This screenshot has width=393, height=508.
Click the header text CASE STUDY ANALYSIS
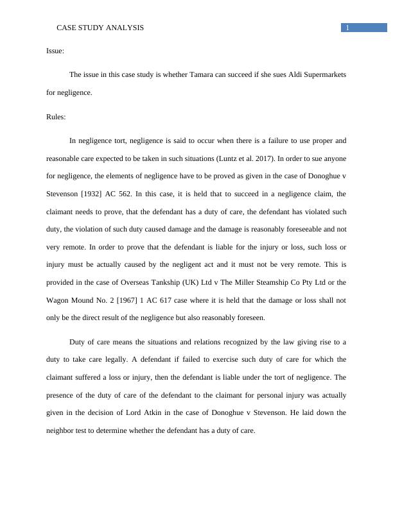[x=100, y=28]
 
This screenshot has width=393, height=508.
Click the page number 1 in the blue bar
[x=347, y=28]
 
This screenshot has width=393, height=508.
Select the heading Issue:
[x=55, y=50]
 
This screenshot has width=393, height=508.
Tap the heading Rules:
[x=56, y=117]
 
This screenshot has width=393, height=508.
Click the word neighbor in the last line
[x=61, y=431]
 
